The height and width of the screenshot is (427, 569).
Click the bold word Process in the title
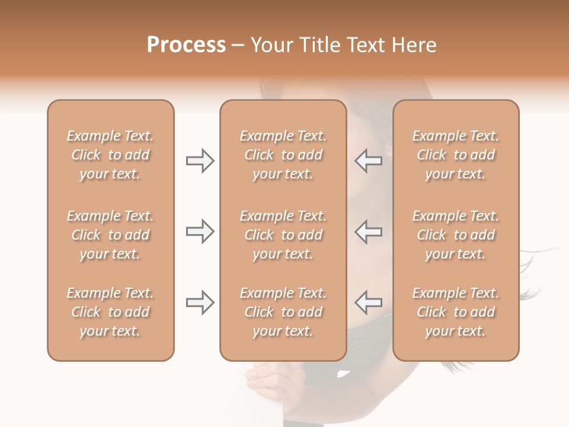(x=186, y=45)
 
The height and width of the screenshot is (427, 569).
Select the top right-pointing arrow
(x=200, y=161)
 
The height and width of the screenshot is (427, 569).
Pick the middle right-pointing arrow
(x=200, y=231)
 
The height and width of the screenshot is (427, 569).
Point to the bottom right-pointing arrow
(x=200, y=302)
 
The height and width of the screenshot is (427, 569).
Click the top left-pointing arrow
(x=369, y=161)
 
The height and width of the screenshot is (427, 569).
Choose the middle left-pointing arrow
(x=369, y=231)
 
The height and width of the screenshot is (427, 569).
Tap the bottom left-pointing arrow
(x=369, y=302)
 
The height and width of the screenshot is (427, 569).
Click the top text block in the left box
(x=110, y=155)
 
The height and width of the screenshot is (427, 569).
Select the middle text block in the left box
(x=110, y=235)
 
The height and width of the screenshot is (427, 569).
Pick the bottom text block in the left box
(x=110, y=312)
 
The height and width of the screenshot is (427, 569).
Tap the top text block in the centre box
(x=283, y=155)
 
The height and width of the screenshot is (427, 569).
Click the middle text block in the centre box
(x=283, y=235)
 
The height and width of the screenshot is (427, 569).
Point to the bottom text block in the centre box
(x=283, y=312)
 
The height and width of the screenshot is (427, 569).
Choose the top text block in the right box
(x=456, y=155)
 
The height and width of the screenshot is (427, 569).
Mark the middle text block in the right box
(x=456, y=235)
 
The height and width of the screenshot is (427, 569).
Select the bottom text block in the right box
(x=456, y=312)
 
